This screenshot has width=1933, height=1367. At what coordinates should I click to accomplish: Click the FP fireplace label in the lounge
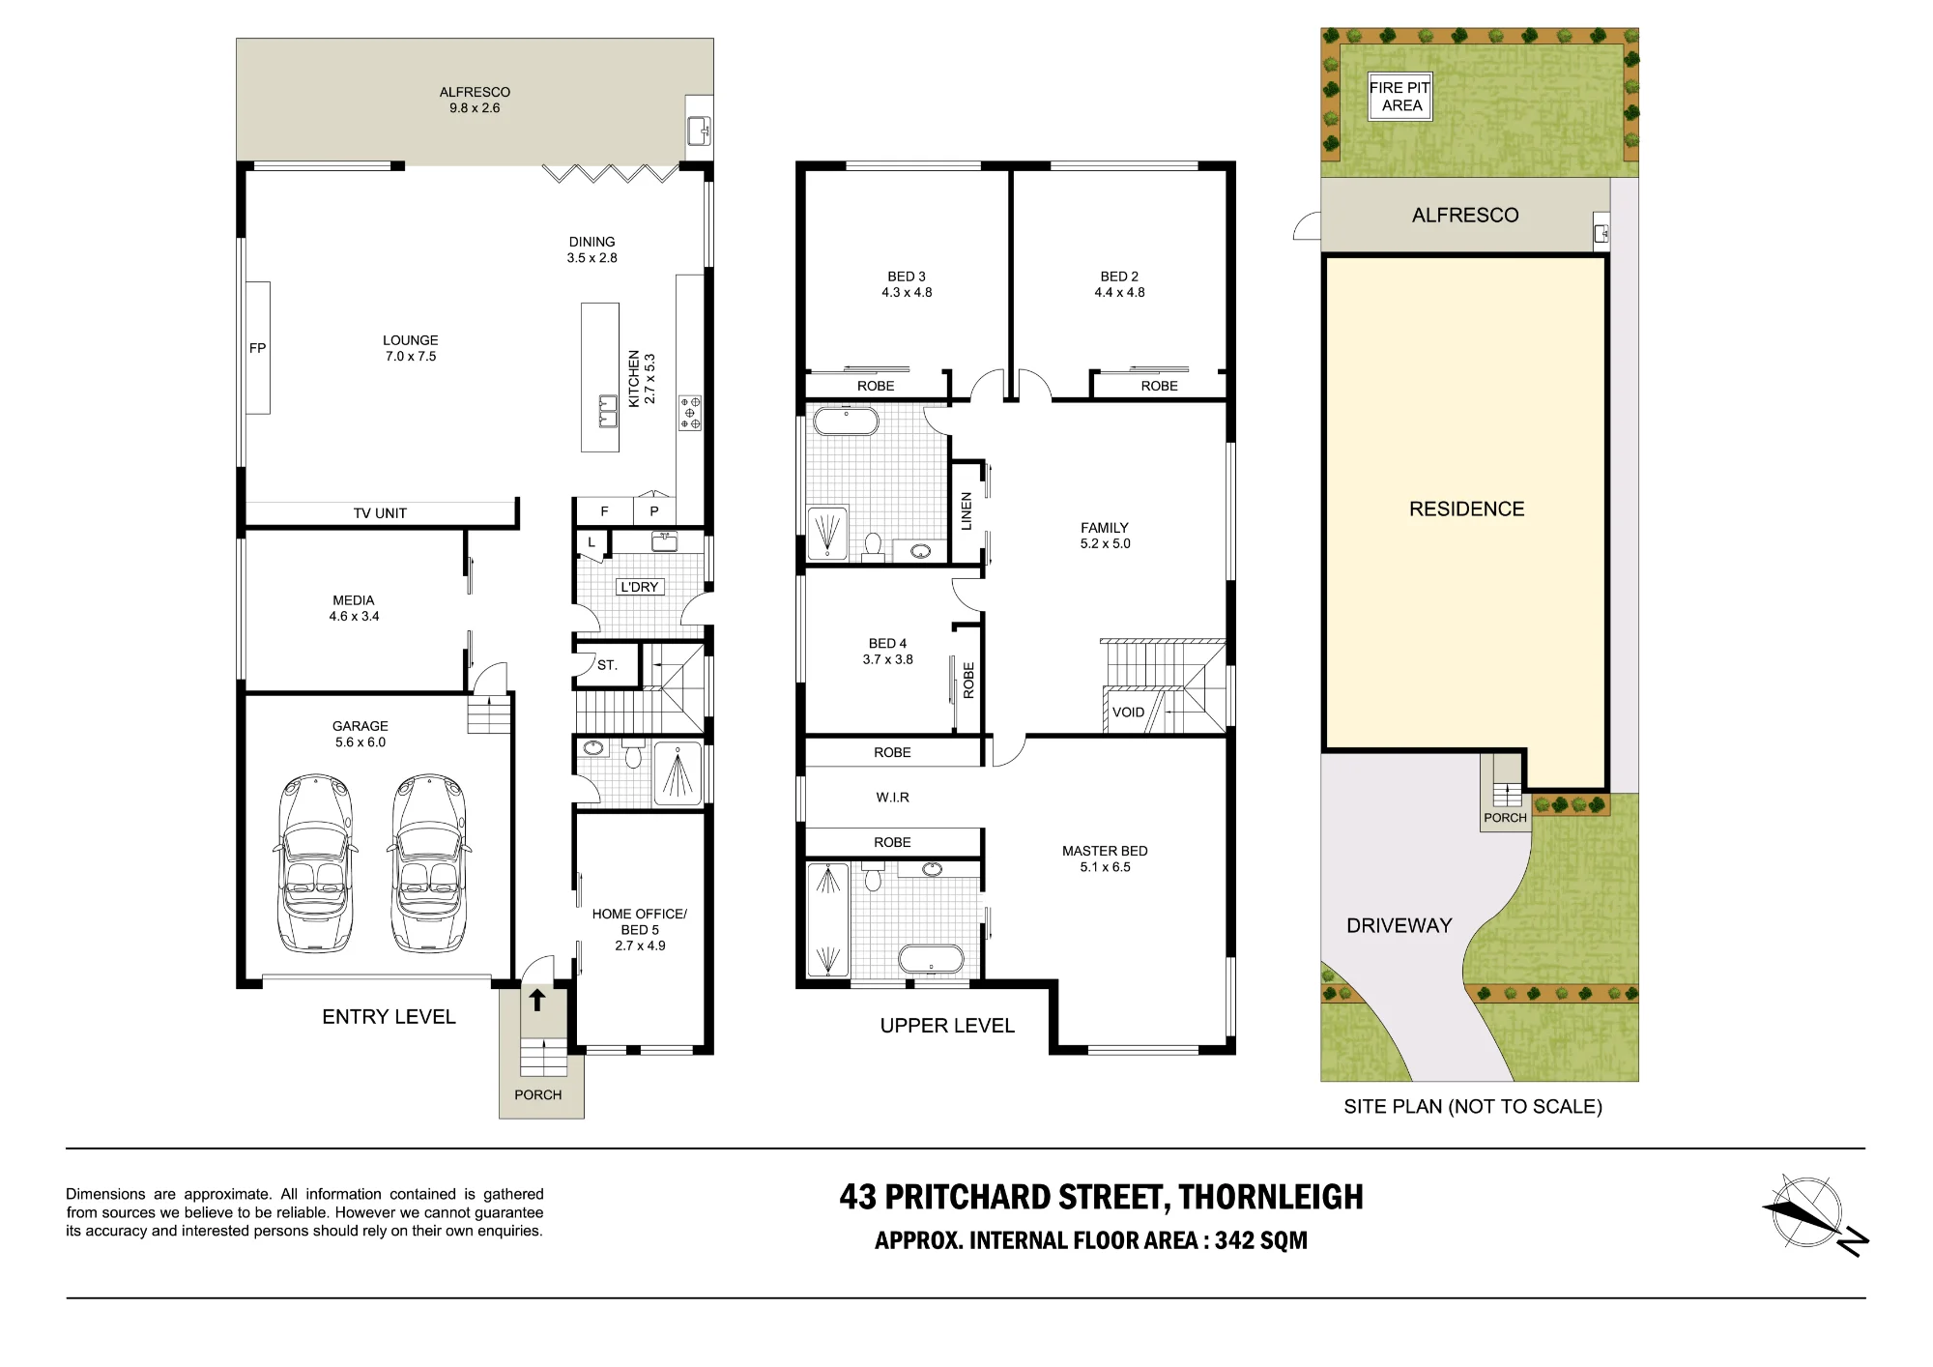click(257, 348)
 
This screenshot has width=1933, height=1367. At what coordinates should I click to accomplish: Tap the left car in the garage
click(315, 862)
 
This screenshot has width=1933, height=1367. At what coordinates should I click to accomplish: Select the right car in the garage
click(429, 862)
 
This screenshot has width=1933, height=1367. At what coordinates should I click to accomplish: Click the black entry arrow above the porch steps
click(537, 1000)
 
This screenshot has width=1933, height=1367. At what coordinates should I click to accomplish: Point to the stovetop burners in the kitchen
click(690, 412)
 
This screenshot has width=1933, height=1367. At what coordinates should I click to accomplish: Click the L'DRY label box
click(640, 587)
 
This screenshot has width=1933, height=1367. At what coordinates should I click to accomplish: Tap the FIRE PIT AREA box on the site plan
click(1400, 97)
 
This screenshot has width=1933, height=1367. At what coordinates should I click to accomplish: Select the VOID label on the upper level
click(1128, 713)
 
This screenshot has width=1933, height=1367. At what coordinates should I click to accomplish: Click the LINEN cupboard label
click(966, 511)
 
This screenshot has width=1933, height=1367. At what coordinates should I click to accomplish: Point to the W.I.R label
click(892, 798)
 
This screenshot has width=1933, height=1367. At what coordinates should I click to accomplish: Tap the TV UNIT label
click(380, 513)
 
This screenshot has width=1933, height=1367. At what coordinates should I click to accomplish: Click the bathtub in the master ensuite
click(932, 959)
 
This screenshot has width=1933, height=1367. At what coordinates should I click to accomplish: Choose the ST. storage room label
click(607, 665)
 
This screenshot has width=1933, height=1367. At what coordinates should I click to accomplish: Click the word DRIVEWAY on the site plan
click(1399, 926)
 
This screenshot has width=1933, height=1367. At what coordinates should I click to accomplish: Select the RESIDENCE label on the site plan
click(1466, 509)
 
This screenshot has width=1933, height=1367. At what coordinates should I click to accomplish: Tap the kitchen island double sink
click(608, 411)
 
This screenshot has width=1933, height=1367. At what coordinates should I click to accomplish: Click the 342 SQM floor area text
click(1261, 1240)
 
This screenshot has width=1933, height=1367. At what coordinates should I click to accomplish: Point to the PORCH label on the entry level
click(537, 1095)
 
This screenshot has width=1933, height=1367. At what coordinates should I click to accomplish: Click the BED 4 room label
click(887, 644)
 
